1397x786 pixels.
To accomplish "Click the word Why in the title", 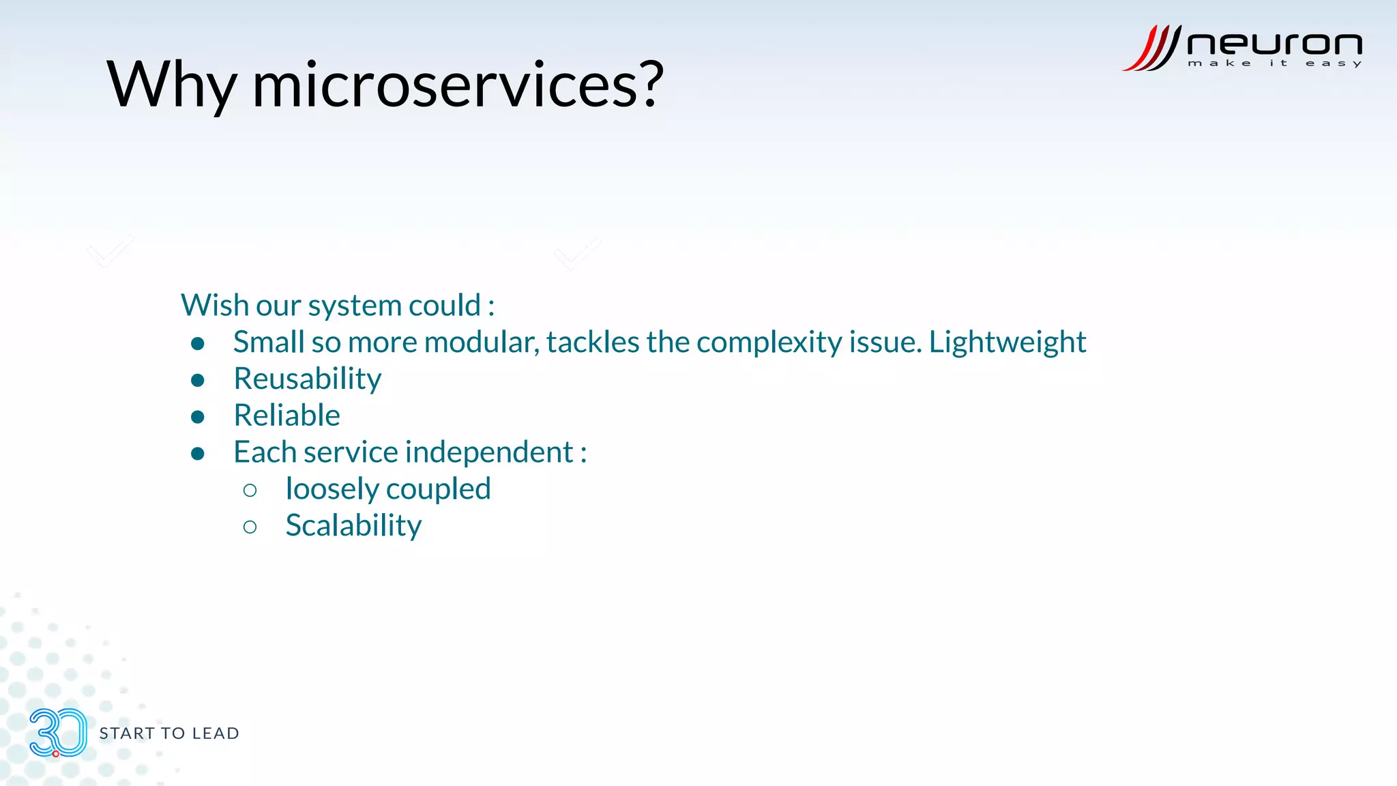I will (171, 85).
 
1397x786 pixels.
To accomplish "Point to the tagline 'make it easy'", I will (1274, 63).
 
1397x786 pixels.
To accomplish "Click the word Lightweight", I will (1007, 342).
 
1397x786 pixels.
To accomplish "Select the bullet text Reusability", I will (307, 379).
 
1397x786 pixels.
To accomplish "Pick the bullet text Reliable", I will (286, 416).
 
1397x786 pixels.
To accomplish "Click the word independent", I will (489, 452).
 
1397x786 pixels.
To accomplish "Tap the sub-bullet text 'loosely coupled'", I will (387, 489).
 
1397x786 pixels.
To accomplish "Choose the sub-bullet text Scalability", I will (353, 526).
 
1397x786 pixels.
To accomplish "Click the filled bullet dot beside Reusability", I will (198, 380).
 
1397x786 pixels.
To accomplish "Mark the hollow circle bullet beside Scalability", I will (250, 527).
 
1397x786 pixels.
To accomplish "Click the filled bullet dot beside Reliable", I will (198, 417).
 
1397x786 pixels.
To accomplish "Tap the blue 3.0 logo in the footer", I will (58, 733).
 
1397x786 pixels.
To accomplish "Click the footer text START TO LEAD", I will (169, 733).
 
